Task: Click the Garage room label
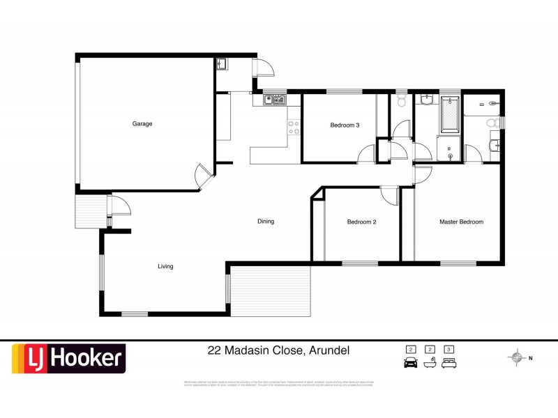tap(142, 124)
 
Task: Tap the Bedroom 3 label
tap(345, 125)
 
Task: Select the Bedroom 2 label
tap(362, 222)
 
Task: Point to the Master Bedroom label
tap(461, 222)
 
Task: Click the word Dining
tap(266, 222)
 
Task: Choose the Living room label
tap(165, 266)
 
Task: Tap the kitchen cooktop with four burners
tap(294, 127)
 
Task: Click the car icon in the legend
tap(411, 362)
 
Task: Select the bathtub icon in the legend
tap(430, 362)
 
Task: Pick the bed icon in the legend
tap(450, 362)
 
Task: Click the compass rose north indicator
tap(517, 358)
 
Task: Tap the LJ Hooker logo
tap(68, 359)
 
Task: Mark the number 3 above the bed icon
tap(450, 349)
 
